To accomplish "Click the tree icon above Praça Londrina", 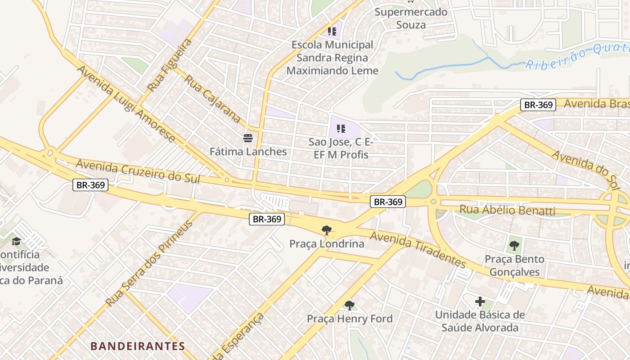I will [x=327, y=230].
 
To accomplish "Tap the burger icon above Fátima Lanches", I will [x=248, y=138].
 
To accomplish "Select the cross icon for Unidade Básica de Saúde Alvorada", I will [x=480, y=301].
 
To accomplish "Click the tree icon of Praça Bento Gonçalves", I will [x=514, y=246].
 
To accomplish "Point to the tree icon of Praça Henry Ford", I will [x=350, y=306].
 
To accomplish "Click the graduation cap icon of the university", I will [x=16, y=241].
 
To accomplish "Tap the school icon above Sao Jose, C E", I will [x=341, y=129].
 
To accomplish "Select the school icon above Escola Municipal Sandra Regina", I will [x=332, y=31].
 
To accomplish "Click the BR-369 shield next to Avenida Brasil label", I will [x=538, y=105].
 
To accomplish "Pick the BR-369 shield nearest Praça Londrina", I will [x=267, y=219].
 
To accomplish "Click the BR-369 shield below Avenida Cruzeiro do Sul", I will [x=90, y=185].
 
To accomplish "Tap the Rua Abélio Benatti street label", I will [x=507, y=210].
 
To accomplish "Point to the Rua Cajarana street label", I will [x=213, y=99].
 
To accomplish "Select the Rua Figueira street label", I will [x=170, y=65].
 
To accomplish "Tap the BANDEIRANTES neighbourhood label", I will [x=138, y=346].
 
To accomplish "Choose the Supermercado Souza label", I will [x=411, y=18].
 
